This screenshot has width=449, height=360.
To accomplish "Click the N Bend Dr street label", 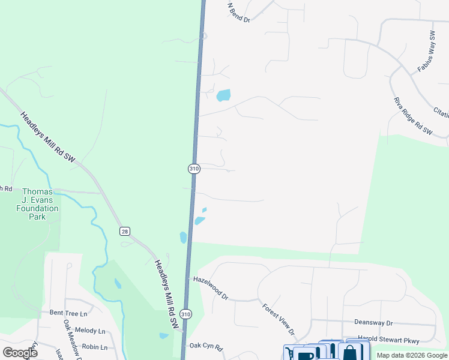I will pos(238,12).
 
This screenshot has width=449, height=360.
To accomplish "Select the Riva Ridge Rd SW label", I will pos(413,116).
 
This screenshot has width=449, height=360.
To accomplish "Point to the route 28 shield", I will pos(124,232).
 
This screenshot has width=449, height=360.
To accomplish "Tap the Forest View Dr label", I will pos(279,319).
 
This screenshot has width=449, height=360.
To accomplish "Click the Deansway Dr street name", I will pos(373,322).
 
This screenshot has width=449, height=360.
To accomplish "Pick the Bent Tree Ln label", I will pos(68,313).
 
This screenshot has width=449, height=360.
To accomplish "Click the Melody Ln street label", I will pos(90,331).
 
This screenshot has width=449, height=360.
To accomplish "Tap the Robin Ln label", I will pos(94,347).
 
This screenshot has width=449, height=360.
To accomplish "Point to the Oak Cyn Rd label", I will pos(206,346).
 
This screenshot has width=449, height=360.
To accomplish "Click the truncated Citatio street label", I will pos(441,112).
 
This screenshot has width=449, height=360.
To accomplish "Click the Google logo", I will pos(20,353).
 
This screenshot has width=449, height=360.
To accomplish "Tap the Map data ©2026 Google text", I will pos(412,355).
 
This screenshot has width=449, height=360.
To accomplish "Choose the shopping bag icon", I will pos(350,353).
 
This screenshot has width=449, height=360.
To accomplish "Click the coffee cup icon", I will pos(306,355).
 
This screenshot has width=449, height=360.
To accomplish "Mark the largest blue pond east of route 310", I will pos(223,95).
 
